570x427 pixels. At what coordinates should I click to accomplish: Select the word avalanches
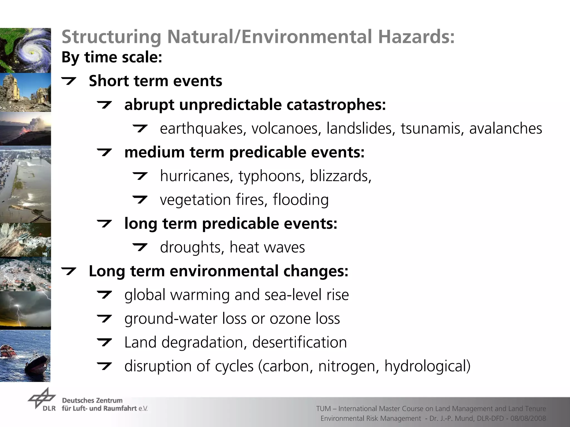[x=505, y=129]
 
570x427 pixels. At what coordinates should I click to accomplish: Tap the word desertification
[x=299, y=342]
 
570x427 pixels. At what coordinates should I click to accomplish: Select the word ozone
[x=290, y=319]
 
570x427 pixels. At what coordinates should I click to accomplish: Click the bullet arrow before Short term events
[x=68, y=81]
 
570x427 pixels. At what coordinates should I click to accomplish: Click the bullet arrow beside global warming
[x=104, y=295]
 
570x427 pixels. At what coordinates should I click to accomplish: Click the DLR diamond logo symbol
[x=41, y=398]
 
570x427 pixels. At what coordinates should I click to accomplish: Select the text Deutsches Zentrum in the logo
[x=92, y=401]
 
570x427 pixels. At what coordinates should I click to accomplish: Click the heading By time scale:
[x=112, y=58]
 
